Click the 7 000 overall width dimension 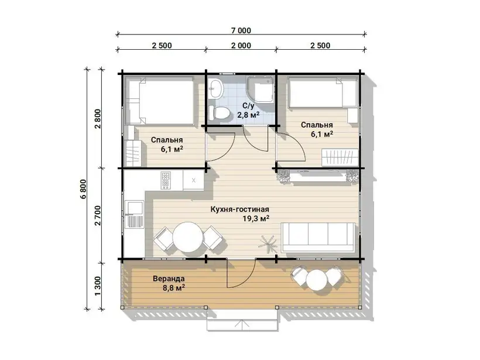(241, 30)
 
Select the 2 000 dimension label (241, 46)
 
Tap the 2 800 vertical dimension (98, 119)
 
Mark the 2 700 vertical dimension (98, 215)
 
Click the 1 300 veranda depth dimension (98, 286)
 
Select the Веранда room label (169, 279)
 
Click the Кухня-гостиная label (239, 210)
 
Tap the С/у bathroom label (248, 106)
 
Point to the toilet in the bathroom (219, 113)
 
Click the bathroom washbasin (216, 88)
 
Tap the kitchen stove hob (166, 180)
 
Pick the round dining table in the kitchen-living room (188, 237)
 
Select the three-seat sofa (318, 238)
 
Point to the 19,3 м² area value (256, 218)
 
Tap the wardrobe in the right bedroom (340, 157)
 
